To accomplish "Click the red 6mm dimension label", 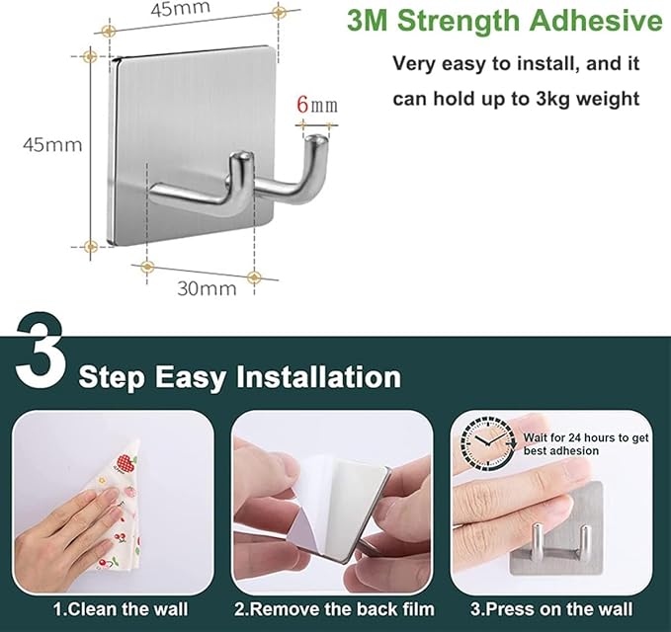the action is (x=317, y=105).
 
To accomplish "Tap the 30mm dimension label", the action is (x=207, y=288).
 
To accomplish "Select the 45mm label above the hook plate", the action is (x=180, y=9).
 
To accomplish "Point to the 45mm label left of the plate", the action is (x=52, y=144).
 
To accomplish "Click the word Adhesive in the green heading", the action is (x=595, y=20).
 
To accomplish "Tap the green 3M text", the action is (x=367, y=21).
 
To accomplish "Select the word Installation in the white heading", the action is (x=319, y=376).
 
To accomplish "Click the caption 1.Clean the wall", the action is (x=121, y=609).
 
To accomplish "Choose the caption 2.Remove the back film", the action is (x=334, y=609).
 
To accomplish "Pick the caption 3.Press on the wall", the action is (x=551, y=609).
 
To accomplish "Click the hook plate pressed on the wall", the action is (x=556, y=528).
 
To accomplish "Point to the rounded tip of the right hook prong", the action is (x=317, y=140).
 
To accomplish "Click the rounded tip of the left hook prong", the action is (x=241, y=158).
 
